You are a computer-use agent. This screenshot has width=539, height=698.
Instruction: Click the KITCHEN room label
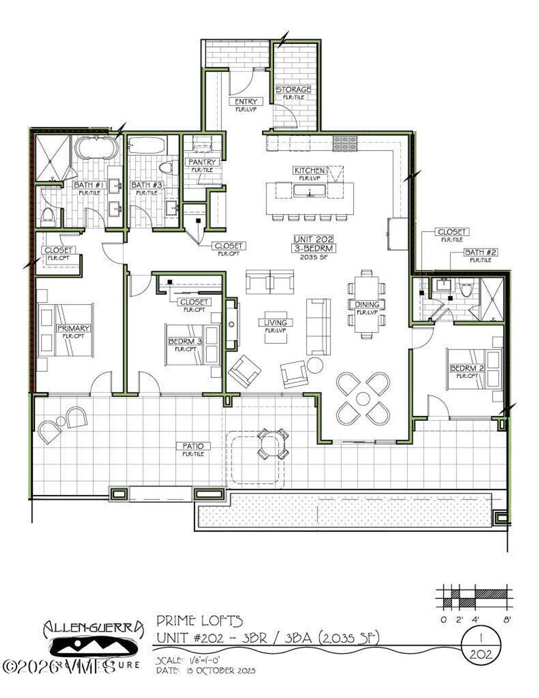(x=310, y=171)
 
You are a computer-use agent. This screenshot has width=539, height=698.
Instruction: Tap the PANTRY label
(x=202, y=162)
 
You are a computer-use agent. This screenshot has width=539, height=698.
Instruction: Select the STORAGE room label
(x=293, y=89)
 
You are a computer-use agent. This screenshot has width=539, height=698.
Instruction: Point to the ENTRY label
(x=246, y=102)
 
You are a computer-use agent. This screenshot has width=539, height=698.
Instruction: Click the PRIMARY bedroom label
(x=73, y=328)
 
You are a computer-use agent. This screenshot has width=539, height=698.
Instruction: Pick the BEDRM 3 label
(x=185, y=342)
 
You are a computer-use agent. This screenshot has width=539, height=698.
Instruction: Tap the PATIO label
(x=193, y=446)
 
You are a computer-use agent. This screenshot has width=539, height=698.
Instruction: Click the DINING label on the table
(x=367, y=305)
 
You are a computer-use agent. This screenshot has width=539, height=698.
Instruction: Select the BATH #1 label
(x=87, y=185)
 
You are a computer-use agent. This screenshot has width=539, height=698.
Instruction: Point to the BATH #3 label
(x=146, y=185)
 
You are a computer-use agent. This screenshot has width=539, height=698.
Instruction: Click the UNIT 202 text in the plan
(x=313, y=239)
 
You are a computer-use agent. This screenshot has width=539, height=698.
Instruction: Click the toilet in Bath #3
(x=166, y=168)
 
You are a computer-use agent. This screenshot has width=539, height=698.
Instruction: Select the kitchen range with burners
(x=344, y=142)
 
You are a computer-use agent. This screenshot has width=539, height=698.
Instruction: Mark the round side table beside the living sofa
(x=315, y=365)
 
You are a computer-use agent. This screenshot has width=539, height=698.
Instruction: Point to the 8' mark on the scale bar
(x=507, y=620)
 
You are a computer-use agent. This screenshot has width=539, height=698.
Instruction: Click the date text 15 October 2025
(x=221, y=671)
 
